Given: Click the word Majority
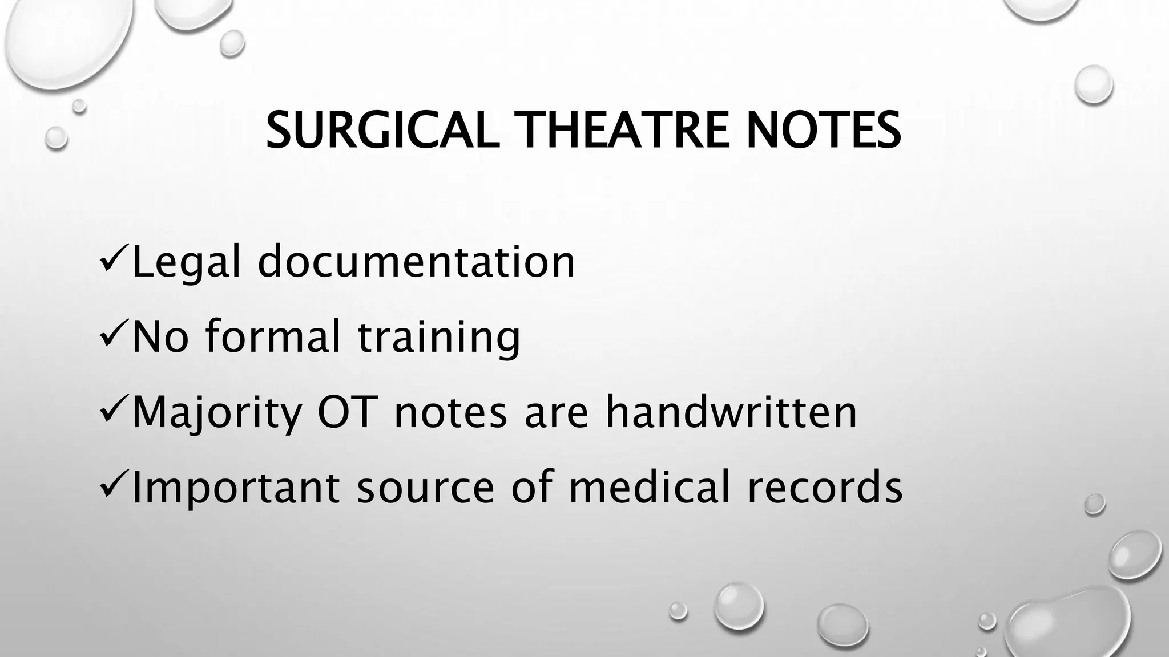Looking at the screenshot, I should [x=216, y=413].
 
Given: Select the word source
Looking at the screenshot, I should [x=425, y=489].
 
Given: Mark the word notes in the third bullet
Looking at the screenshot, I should [x=450, y=413].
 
